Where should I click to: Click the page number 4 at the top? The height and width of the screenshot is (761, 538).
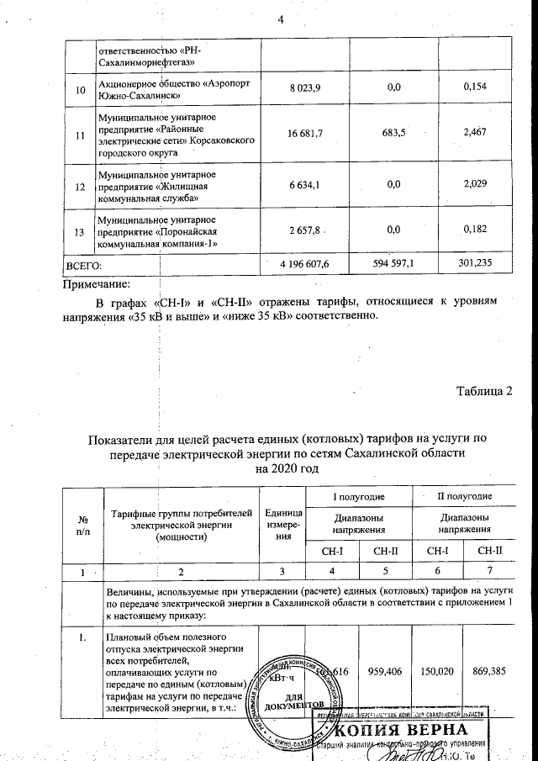[278, 20]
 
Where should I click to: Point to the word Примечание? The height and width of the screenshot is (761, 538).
[98, 283]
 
